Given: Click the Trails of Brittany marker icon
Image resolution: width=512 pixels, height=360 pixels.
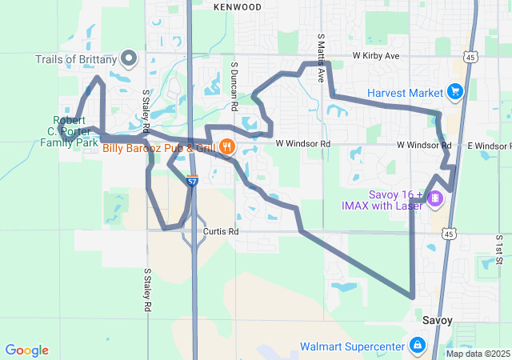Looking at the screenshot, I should click(128, 58).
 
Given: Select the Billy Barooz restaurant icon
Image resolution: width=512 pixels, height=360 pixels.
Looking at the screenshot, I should click(227, 146).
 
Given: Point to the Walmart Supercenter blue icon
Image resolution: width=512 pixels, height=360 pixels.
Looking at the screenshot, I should click(417, 346).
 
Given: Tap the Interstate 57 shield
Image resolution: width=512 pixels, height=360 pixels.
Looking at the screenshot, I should click(192, 182).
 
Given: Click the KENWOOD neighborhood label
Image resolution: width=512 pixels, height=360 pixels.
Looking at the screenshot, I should click(238, 7).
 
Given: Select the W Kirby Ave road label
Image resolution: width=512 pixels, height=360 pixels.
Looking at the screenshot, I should click(376, 57).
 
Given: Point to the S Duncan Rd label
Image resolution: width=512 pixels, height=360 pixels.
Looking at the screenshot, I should click(234, 86).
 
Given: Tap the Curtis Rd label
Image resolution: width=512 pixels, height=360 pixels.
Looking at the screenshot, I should click(221, 231).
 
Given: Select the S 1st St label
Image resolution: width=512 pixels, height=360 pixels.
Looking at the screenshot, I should click(498, 249).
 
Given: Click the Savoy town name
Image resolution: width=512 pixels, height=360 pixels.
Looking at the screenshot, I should click(437, 320).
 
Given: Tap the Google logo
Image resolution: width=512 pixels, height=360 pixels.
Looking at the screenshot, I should click(26, 350).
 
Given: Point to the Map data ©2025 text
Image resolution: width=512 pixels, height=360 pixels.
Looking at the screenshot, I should click(477, 354).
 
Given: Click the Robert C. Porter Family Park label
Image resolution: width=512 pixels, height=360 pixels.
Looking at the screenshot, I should click(69, 132).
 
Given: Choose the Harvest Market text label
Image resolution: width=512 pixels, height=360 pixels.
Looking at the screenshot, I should click(405, 93).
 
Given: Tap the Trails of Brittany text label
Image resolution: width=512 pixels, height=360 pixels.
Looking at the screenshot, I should click(76, 59).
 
